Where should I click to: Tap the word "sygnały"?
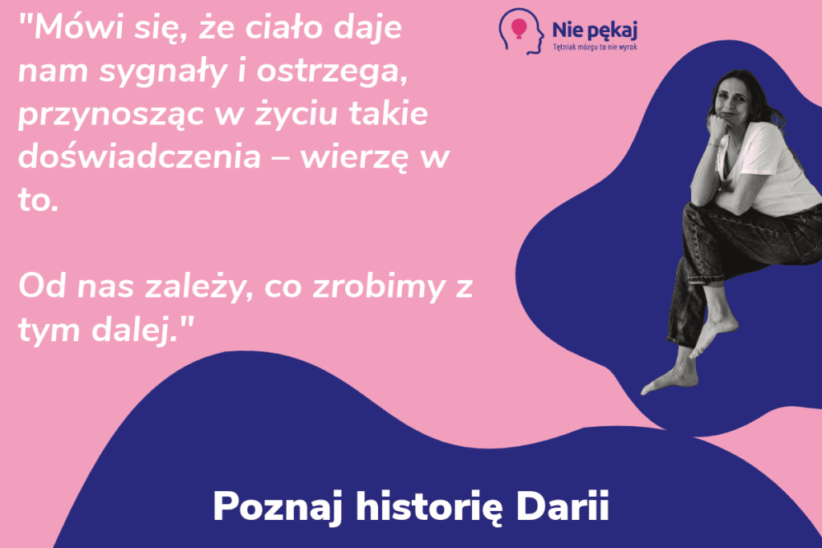[161, 75]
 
